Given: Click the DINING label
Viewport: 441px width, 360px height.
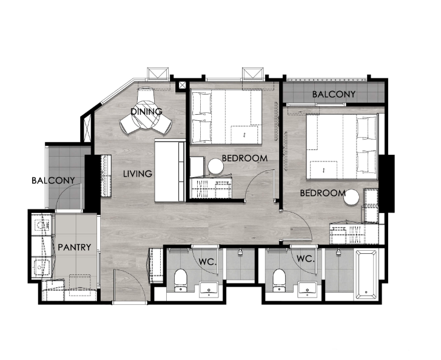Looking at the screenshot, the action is [x=147, y=112].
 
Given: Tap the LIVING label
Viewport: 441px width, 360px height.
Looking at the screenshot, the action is [x=138, y=174].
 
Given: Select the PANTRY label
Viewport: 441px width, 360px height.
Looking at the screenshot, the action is [x=75, y=247].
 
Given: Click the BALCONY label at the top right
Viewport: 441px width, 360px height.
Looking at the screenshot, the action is [x=334, y=94].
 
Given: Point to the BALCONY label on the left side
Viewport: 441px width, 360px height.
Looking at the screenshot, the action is [x=53, y=180].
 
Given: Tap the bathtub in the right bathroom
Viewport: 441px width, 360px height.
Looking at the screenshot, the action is [x=366, y=275].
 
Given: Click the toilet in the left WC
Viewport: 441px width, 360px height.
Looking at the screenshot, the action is [x=180, y=280].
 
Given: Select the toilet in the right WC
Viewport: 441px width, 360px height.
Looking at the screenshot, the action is [x=279, y=280].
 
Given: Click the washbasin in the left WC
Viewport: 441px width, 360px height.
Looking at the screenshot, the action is [x=209, y=289].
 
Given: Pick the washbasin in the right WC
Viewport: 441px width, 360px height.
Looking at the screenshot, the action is [x=307, y=289].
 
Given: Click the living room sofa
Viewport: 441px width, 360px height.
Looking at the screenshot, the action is [x=170, y=171].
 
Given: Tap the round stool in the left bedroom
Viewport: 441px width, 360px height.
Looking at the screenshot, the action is [x=216, y=166].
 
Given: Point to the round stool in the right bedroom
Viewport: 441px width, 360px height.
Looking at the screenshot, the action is [x=351, y=197].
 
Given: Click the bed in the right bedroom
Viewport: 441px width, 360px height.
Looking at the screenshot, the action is [x=342, y=147].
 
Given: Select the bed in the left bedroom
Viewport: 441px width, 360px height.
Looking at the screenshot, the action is [x=226, y=117].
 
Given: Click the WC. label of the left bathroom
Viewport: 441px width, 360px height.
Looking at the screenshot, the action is [x=208, y=262].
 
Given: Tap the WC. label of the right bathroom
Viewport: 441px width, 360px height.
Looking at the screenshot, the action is [x=306, y=259].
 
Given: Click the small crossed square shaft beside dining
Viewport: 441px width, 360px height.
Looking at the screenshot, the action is [x=182, y=85].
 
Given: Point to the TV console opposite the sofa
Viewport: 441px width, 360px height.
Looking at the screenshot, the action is [x=106, y=176].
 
